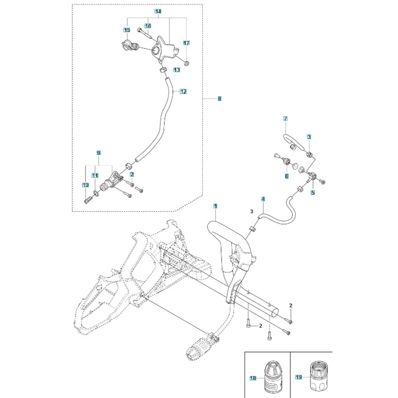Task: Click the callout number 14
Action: click(158, 12)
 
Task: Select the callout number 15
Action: click(127, 30)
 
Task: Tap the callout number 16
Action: click(148, 26)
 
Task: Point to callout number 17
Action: click(186, 43)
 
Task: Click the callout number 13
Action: click(176, 70)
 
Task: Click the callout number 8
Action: click(219, 98)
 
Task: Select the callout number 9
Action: click(99, 153)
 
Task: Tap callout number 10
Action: click(85, 185)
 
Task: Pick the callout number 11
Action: click(95, 175)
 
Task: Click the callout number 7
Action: click(285, 119)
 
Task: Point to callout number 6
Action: click(286, 176)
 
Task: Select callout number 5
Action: click(312, 193)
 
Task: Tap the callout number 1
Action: click(215, 206)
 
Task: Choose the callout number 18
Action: click(252, 377)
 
